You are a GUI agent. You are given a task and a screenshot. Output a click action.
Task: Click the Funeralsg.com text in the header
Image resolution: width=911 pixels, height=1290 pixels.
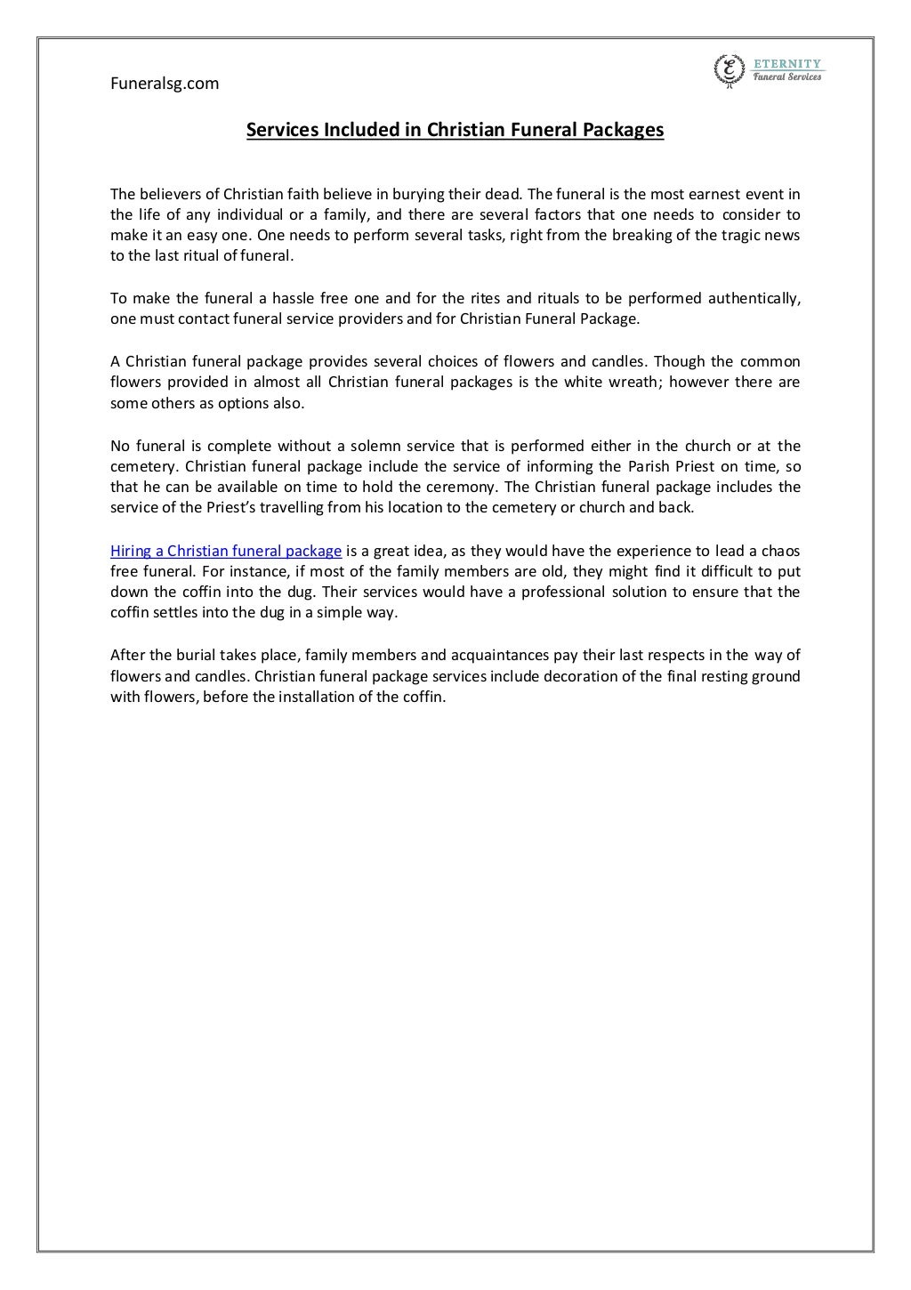click(x=165, y=84)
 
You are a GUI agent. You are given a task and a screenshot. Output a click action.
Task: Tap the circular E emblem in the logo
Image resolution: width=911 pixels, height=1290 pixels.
click(x=730, y=69)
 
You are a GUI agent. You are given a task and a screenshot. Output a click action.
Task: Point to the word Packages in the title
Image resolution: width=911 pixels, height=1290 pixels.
click(x=623, y=130)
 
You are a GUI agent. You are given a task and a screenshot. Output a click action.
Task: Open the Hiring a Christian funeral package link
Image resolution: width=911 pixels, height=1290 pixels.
click(x=226, y=551)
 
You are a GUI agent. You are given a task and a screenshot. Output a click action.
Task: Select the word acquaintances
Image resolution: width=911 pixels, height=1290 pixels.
click(x=491, y=656)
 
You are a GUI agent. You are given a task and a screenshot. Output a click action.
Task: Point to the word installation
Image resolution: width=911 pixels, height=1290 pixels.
click(x=333, y=697)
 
